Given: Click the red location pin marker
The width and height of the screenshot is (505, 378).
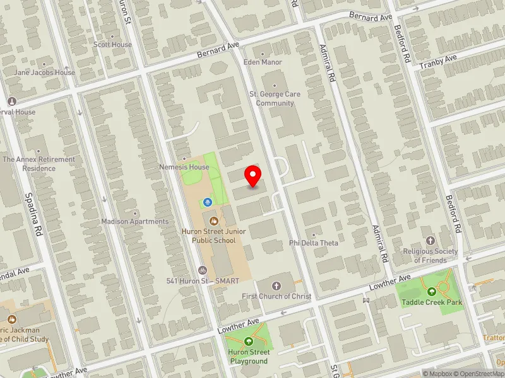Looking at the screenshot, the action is point(253,176).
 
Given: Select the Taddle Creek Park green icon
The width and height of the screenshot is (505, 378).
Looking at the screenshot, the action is point(432,292).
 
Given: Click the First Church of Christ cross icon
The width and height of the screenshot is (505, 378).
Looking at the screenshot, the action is point(276,285).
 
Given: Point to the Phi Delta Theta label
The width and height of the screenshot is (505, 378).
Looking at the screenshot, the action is point(314,243).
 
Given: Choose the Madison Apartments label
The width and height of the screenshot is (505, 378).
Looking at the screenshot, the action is point(135,222).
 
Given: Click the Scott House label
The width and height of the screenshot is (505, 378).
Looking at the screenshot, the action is point(112,45).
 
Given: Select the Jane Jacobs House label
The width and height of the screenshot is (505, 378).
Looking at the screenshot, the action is point(45,72).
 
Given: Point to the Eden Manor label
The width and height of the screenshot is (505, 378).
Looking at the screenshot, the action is point(263,62).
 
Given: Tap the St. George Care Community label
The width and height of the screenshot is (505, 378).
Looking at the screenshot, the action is point(275,98).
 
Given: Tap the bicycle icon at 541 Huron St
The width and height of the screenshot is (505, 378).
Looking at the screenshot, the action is point(202,270).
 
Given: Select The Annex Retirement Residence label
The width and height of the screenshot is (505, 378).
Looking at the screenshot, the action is point(39,164).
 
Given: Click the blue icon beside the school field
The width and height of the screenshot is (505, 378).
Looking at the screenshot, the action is point(207,202).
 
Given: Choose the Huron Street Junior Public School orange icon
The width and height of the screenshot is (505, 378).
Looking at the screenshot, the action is point(214,221).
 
